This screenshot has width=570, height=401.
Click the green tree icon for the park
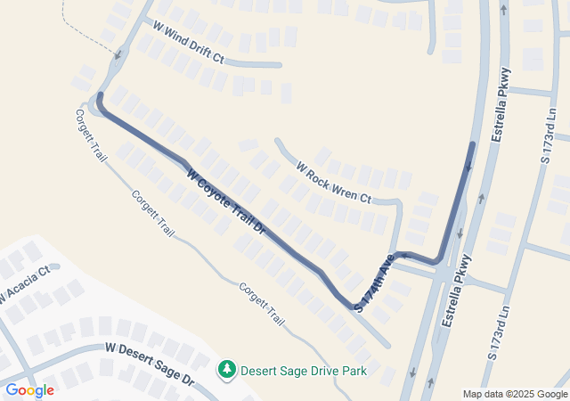[227, 368]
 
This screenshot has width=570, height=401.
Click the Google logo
[29, 389]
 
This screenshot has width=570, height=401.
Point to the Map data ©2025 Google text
[515, 394]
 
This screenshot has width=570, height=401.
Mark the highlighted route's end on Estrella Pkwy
[471, 144]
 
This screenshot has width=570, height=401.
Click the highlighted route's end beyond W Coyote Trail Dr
[101, 94]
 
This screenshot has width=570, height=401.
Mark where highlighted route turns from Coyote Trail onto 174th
[352, 307]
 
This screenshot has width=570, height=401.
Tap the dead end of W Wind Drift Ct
[280, 64]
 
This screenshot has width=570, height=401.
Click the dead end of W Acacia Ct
[55, 266]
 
